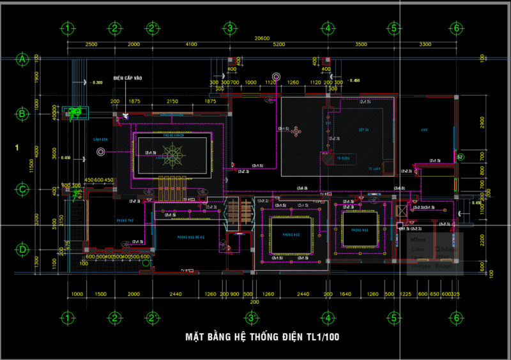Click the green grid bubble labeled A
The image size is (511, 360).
click(23, 59)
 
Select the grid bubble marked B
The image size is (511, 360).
click(23, 114)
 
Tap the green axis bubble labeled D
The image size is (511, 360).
click(23, 249)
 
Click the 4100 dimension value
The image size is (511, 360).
click(191, 45)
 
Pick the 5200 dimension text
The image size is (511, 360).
click(278, 45)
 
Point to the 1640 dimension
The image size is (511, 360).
click(346, 294)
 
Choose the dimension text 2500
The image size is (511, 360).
click(91, 45)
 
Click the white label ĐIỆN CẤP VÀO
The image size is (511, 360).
click(128, 78)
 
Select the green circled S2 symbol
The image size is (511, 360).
click(460, 156)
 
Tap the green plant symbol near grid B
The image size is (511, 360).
click(77, 113)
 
